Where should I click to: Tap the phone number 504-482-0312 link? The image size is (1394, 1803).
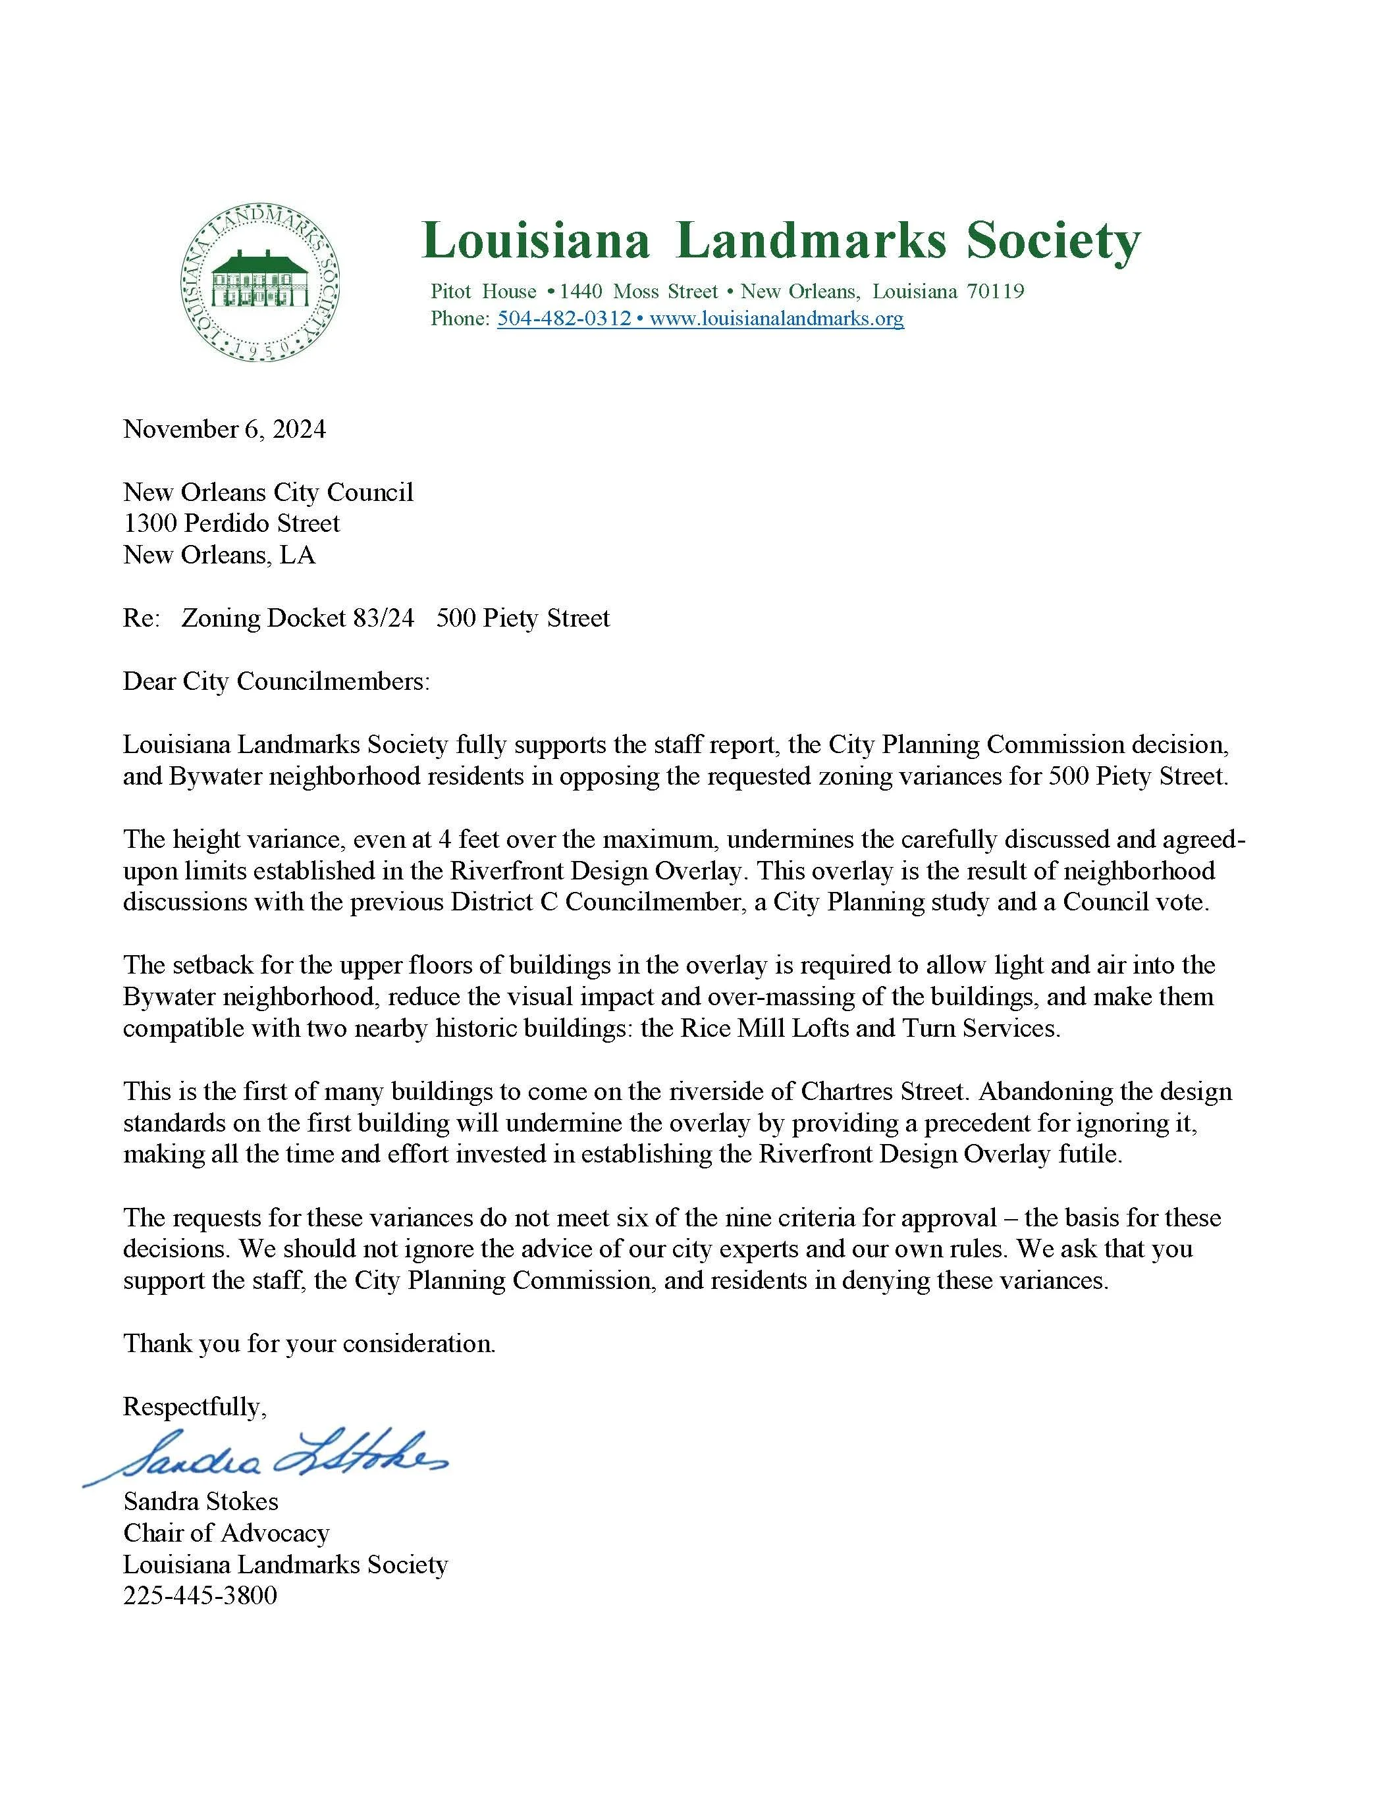564,319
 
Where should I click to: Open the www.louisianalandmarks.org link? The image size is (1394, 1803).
776,319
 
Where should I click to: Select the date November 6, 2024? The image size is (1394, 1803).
224,429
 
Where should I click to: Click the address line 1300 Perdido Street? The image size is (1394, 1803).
231,523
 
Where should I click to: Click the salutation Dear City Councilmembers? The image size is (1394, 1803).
276,681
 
